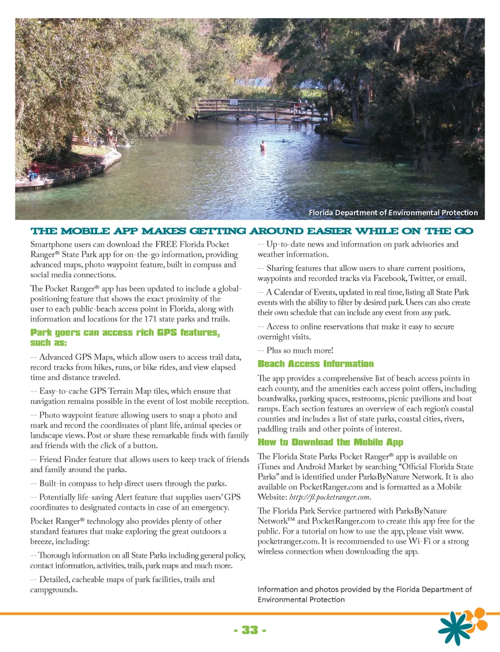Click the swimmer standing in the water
(263, 146)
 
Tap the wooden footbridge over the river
(259, 108)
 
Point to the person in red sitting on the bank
(33, 171)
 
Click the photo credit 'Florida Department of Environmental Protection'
(393, 213)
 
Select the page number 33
(250, 630)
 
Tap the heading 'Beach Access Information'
(315, 364)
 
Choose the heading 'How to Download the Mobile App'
(330, 442)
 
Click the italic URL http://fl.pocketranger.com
(330, 497)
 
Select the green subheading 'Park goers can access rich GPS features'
(125, 333)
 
